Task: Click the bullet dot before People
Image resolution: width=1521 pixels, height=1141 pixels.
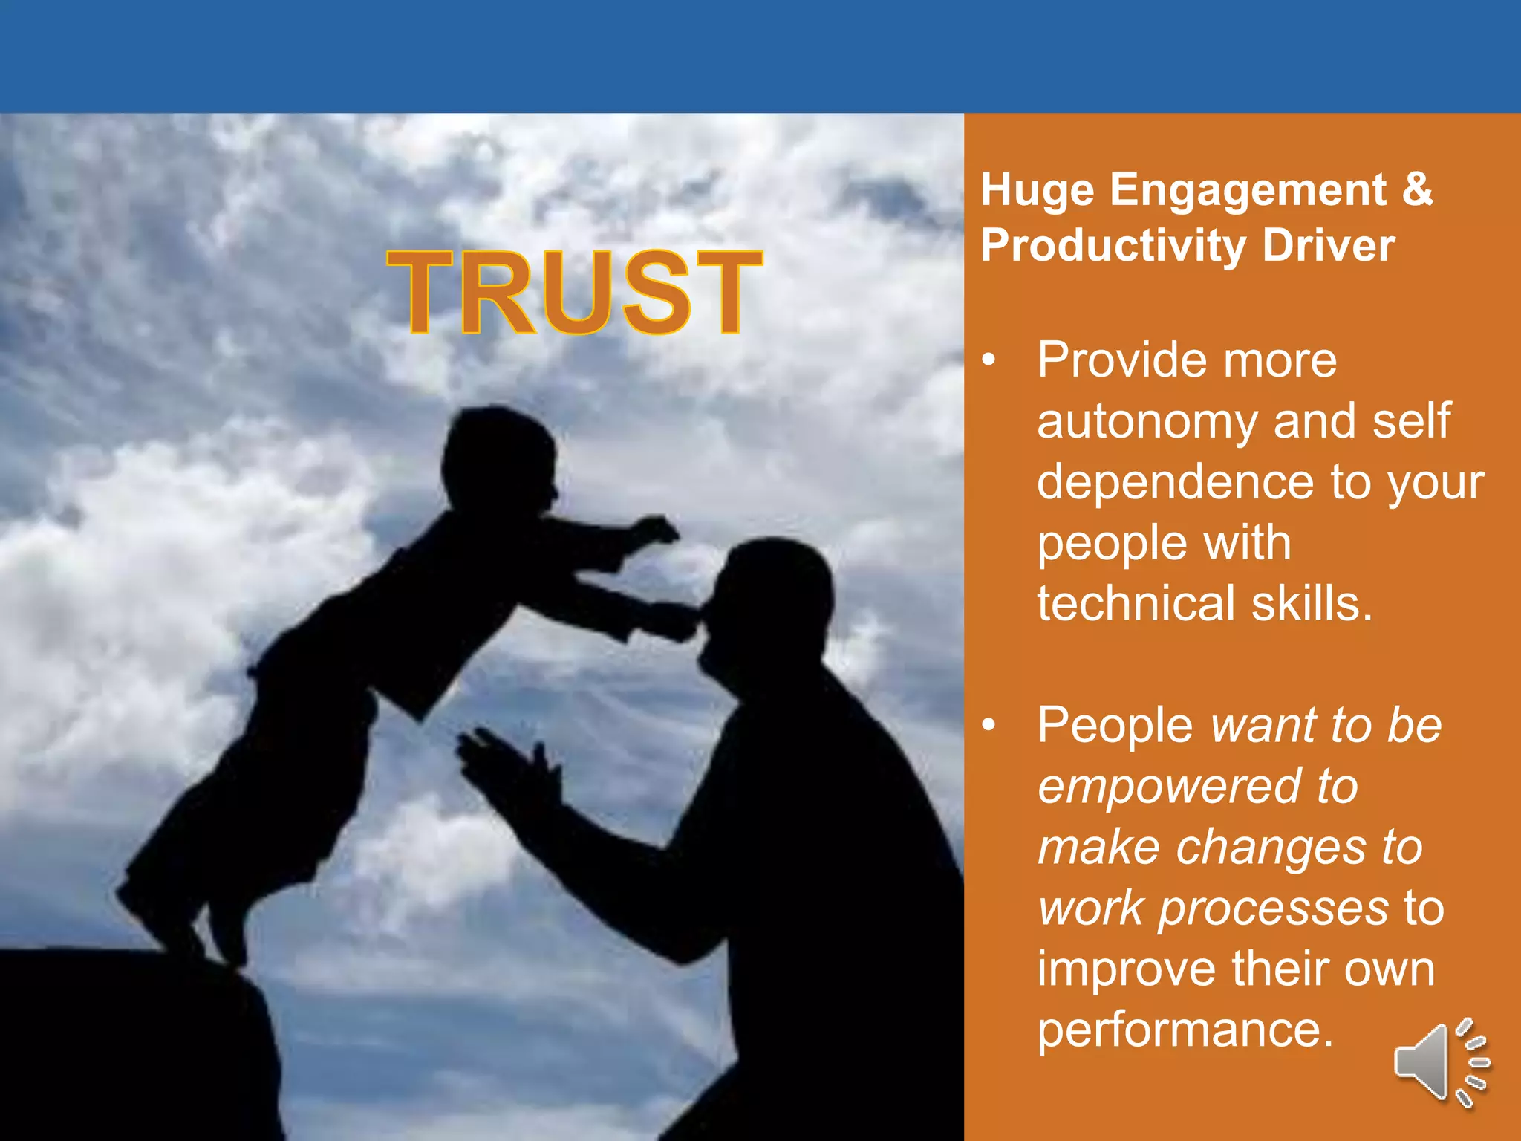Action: [988, 726]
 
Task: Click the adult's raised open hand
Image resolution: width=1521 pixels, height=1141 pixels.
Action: [505, 765]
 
